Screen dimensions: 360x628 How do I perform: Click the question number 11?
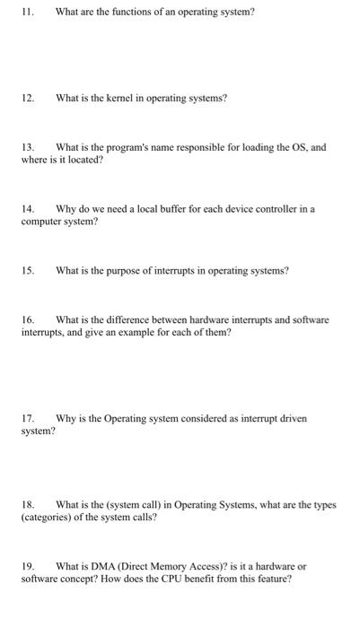(27, 12)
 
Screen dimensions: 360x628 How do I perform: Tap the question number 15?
(27, 269)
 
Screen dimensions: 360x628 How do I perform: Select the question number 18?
(27, 504)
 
